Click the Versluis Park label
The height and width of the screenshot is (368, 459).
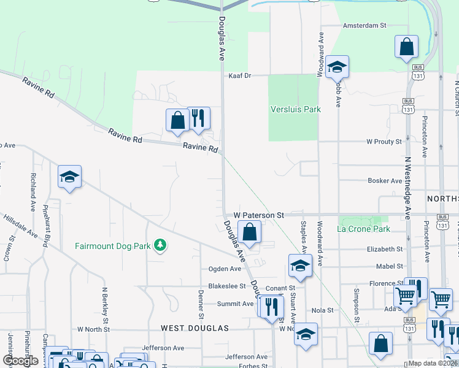click(296, 109)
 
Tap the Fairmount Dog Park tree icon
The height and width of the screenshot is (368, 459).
click(160, 246)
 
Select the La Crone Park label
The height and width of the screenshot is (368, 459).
click(363, 229)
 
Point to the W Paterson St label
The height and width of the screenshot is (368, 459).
click(258, 215)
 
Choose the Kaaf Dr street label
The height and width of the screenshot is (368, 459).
click(240, 75)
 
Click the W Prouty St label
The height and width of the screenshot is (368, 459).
click(384, 142)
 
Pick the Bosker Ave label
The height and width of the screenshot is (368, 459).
click(384, 181)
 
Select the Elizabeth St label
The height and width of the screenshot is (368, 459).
click(385, 249)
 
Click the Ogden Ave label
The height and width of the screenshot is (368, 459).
click(225, 269)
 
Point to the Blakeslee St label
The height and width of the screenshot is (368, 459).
click(226, 286)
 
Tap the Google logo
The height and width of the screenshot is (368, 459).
click(21, 361)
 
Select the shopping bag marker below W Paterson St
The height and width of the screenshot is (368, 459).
click(249, 232)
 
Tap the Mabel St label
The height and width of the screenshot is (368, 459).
click(390, 266)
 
